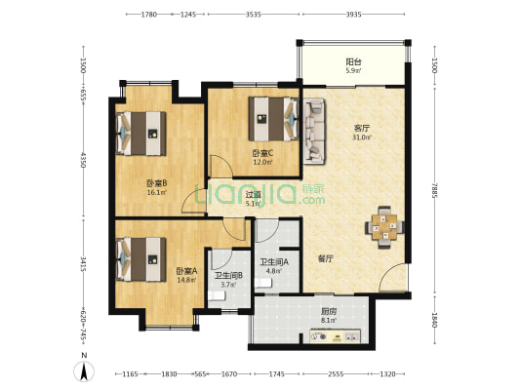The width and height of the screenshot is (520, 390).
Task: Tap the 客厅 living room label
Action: pos(362,129)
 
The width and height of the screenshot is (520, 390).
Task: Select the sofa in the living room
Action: pos(314,131)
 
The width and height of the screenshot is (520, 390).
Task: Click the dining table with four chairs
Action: pos(384,227)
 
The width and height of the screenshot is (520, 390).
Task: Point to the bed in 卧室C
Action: pos(273,119)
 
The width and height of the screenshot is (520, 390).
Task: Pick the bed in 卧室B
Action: pos(140,134)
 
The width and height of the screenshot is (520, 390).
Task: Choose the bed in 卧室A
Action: pos(140,259)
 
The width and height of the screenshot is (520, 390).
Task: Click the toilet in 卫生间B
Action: pos(217,295)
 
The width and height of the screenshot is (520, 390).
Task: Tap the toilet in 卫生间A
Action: pos(263,283)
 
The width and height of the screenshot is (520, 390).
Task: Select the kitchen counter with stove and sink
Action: pos(335,336)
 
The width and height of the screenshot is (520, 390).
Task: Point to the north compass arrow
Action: pos(84,371)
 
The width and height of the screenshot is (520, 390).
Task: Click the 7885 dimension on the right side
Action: pos(435,190)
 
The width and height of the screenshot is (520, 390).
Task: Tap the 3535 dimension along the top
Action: pos(253,15)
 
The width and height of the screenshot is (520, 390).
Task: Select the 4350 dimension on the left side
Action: pos(83,160)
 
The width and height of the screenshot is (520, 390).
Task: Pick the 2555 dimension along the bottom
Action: pos(336,374)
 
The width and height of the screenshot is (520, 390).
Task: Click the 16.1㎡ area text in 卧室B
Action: pos(157,192)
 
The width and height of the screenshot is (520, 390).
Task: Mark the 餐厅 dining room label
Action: pos(325,258)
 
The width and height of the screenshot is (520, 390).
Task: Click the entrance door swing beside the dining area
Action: pos(392,278)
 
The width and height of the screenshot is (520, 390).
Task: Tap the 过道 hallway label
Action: pos(253,194)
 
